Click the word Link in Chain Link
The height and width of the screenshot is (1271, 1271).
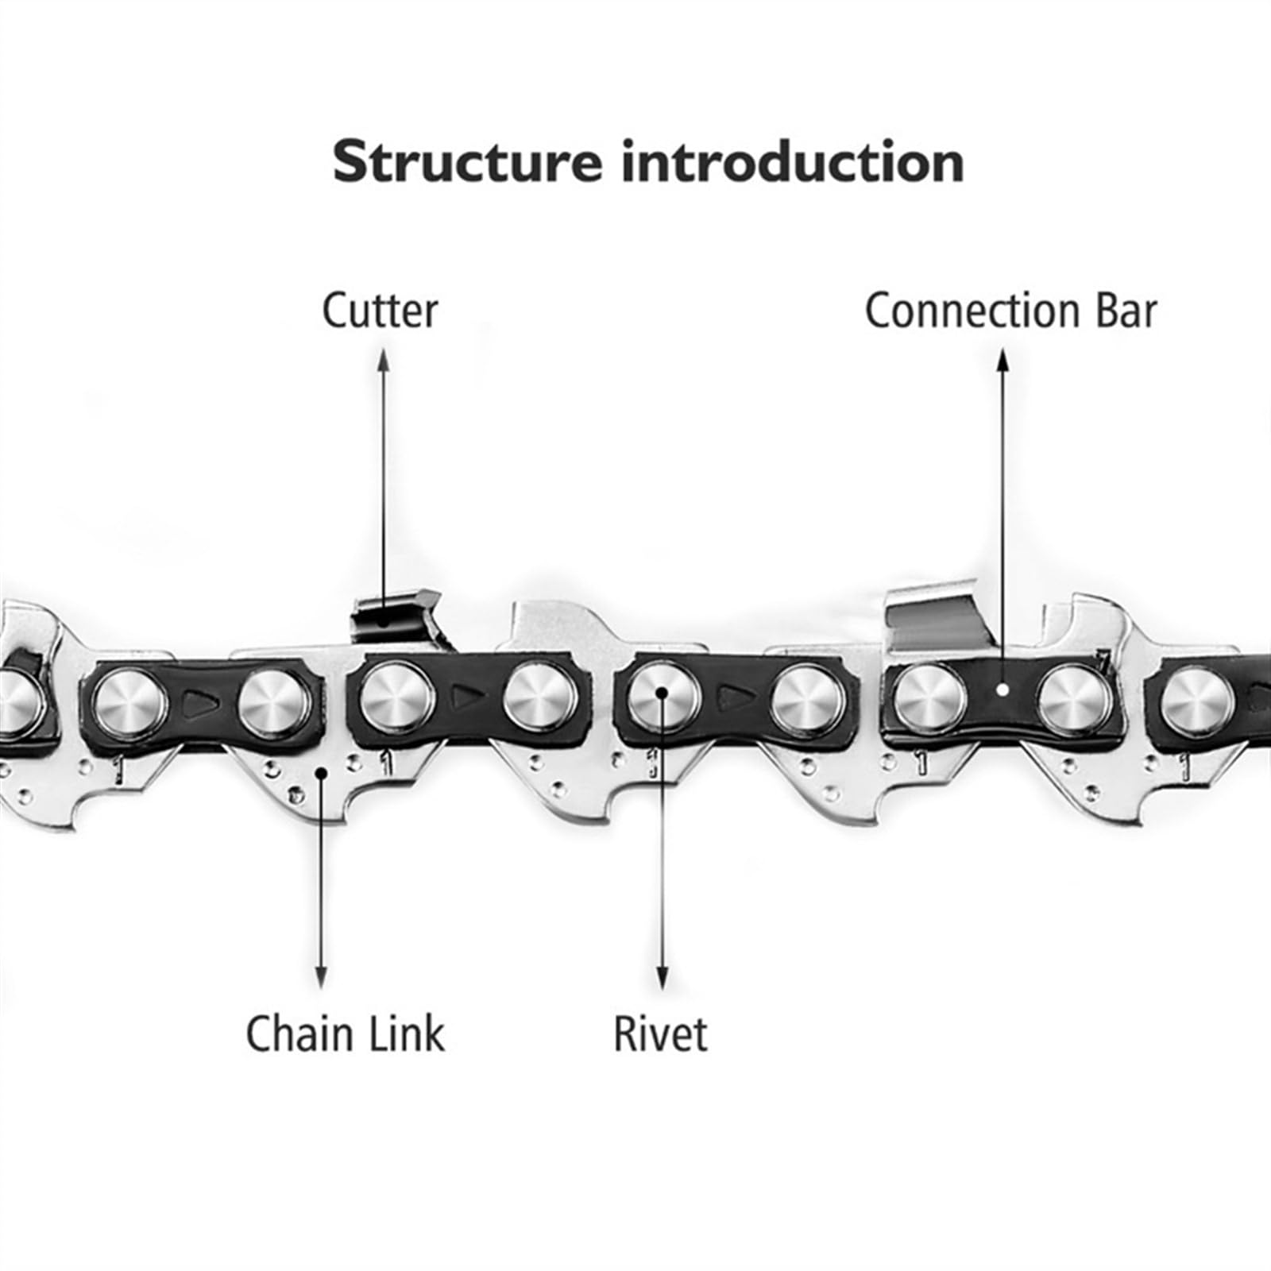(x=404, y=1033)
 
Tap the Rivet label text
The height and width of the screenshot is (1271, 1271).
(x=660, y=1033)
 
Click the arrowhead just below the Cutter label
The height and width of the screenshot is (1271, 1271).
(x=384, y=358)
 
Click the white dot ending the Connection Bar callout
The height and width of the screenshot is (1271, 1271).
(x=1003, y=690)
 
